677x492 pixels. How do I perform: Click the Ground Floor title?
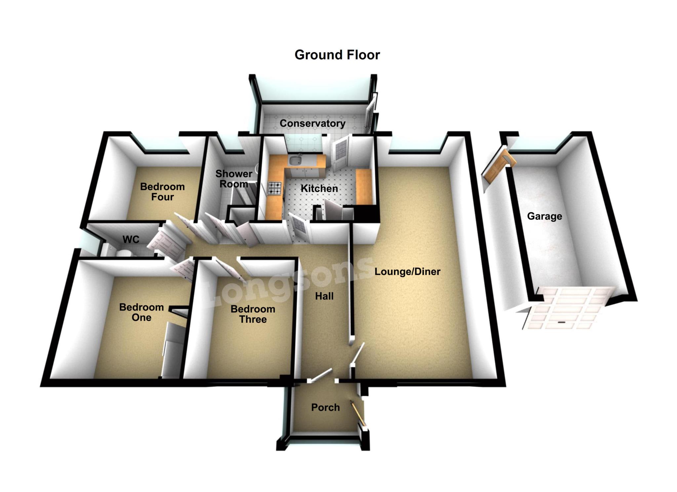337,55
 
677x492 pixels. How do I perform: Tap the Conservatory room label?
312,123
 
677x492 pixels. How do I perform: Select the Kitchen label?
319,189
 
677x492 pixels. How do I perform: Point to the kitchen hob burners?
274,188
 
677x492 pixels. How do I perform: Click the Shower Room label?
234,179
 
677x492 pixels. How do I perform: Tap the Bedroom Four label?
162,192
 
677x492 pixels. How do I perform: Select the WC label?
131,239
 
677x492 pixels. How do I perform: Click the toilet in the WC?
123,253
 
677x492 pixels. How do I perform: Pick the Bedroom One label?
141,312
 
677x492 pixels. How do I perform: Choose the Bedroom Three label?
253,314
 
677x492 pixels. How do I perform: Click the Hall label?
324,296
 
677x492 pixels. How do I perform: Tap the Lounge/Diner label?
407,272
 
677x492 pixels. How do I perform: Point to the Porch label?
325,407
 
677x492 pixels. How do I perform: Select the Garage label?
544,216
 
